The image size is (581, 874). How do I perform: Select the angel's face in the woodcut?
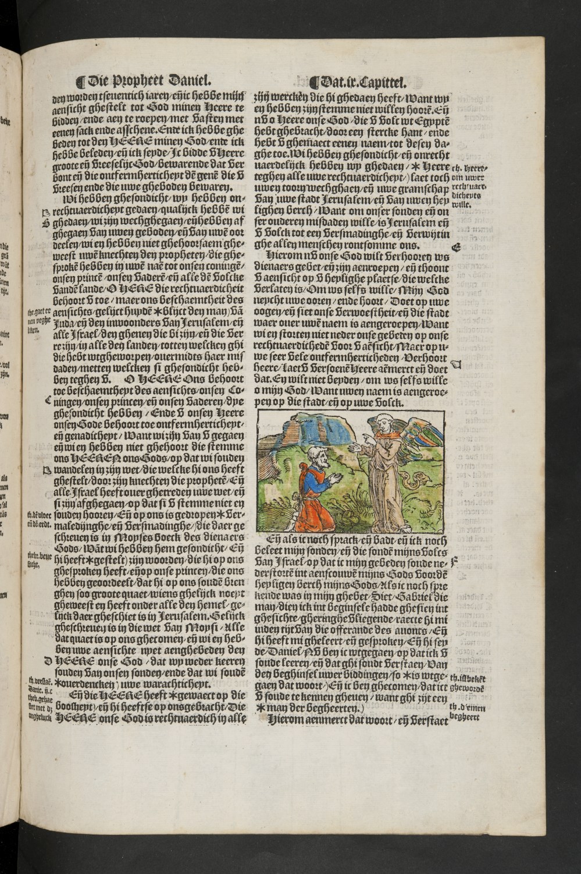click(384, 423)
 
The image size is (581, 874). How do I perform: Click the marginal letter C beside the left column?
click(47, 400)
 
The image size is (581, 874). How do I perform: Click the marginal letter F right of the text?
click(455, 562)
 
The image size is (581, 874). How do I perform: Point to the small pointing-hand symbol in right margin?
click(455, 365)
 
